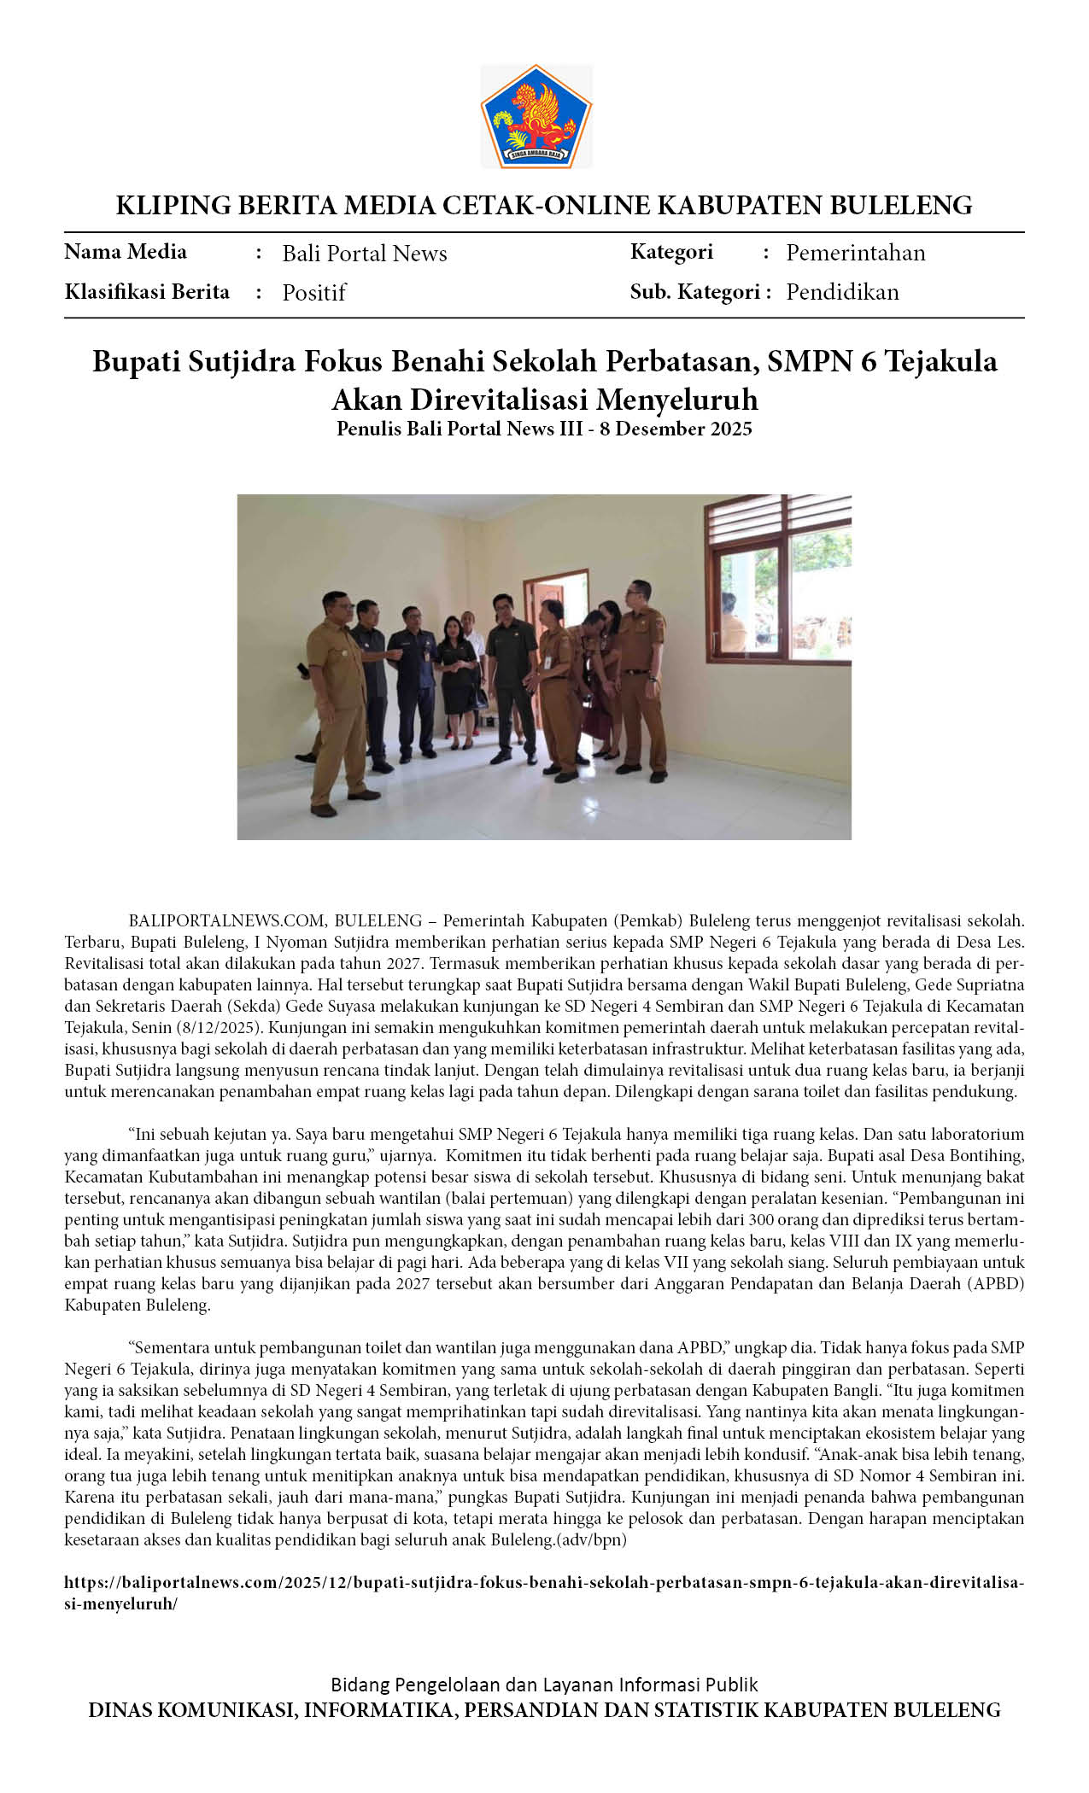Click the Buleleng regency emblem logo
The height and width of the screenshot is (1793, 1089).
pyautogui.click(x=536, y=116)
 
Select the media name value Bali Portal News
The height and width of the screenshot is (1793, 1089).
pyautogui.click(x=365, y=254)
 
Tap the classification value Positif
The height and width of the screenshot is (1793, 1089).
pyautogui.click(x=313, y=293)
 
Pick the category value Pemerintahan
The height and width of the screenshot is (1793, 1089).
pyautogui.click(x=855, y=253)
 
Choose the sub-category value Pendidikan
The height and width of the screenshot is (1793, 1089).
pyautogui.click(x=842, y=292)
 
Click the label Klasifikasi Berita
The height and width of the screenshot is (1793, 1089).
pyautogui.click(x=147, y=292)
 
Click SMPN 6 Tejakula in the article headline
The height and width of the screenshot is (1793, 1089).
pyautogui.click(x=881, y=361)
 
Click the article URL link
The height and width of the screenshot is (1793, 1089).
pyautogui.click(x=544, y=1592)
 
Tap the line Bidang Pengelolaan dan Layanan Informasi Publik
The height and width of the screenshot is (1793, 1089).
pyautogui.click(x=544, y=1685)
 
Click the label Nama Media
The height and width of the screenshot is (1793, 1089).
pyautogui.click(x=126, y=252)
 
